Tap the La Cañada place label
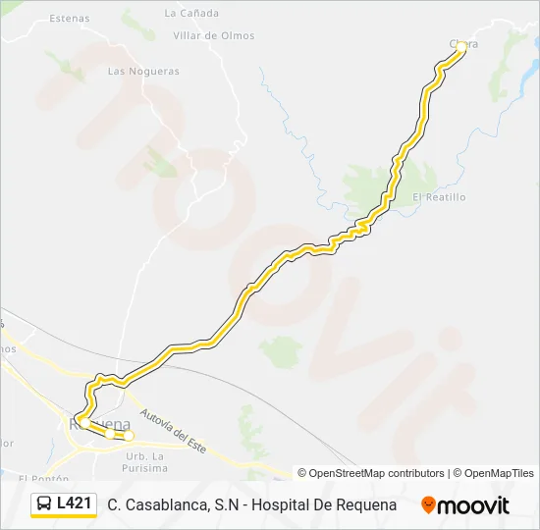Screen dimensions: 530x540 [191, 14]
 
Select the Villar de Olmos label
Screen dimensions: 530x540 [213, 36]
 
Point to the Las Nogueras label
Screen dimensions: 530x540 [143, 72]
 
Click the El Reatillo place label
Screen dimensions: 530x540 [439, 197]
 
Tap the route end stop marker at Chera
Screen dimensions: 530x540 [459, 46]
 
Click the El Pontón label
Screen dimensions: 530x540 [43, 478]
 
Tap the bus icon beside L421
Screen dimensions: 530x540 [44, 504]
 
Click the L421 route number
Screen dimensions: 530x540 [75, 504]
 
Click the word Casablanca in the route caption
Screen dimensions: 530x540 [167, 504]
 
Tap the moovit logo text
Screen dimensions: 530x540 [473, 505]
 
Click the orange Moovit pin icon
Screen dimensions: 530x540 [428, 505]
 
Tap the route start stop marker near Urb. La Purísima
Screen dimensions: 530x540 [128, 436]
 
